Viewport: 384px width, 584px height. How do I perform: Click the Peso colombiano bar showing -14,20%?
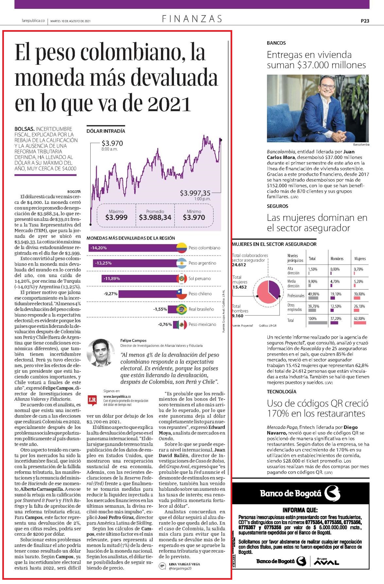pyautogui.click(x=133, y=248)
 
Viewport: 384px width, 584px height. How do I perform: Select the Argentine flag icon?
pyautogui.click(x=182, y=263)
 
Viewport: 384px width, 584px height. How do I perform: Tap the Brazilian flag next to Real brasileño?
pyautogui.click(x=182, y=309)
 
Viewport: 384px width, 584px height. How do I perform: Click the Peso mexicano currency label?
pyautogui.click(x=202, y=325)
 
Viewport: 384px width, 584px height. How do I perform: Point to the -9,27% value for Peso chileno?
pyautogui.click(x=111, y=294)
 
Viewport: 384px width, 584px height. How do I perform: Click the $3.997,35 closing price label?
pyautogui.click(x=195, y=193)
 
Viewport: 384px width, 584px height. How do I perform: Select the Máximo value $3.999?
pyautogui.click(x=116, y=217)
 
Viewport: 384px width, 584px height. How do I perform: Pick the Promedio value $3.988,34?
pyautogui.click(x=155, y=217)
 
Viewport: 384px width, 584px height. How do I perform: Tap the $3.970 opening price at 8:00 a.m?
pyautogui.click(x=112, y=143)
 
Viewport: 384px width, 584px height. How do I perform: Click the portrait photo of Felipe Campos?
pyautogui.click(x=100, y=353)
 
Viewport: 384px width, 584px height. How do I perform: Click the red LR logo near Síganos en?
pyautogui.click(x=93, y=400)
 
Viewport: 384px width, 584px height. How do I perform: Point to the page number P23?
pyautogui.click(x=365, y=21)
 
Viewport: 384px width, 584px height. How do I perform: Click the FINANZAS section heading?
pyautogui.click(x=192, y=19)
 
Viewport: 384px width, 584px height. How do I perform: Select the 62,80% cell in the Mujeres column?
pyautogui.click(x=359, y=319)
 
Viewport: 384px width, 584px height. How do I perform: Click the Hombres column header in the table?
pyautogui.click(x=337, y=258)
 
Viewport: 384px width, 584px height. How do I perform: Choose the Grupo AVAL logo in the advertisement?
pyautogui.click(x=326, y=561)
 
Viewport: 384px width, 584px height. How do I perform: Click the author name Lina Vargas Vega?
pyautogui.click(x=184, y=564)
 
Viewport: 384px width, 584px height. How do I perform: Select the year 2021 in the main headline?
pyautogui.click(x=169, y=104)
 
